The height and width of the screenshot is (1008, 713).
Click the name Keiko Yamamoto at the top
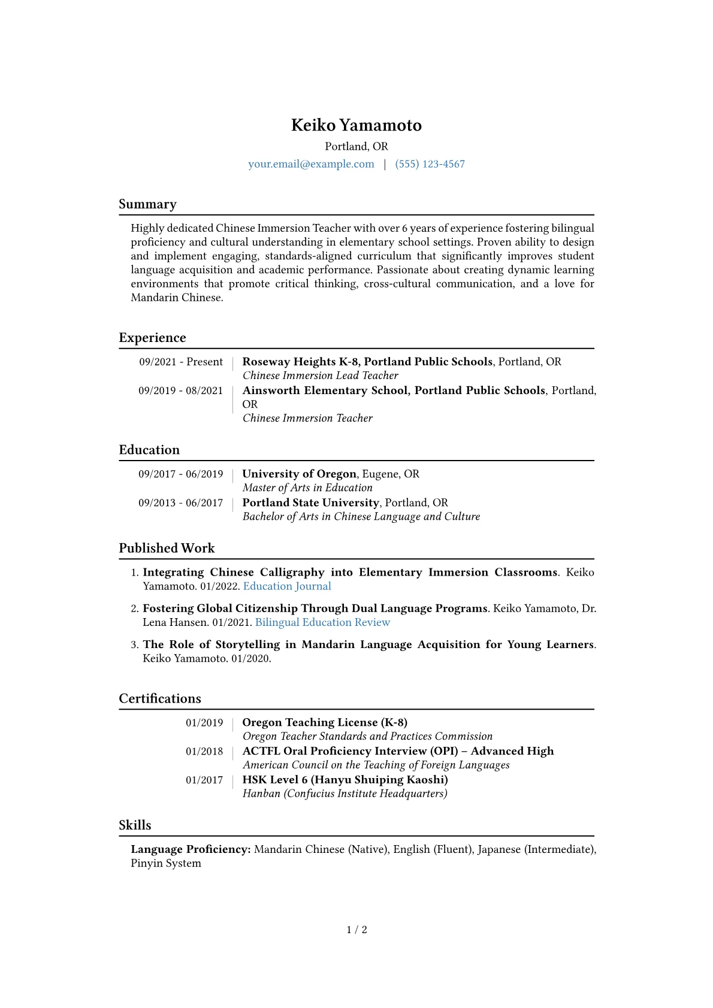(x=356, y=125)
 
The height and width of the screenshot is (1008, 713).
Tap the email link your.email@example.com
(x=311, y=164)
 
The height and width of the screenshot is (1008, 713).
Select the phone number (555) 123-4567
(x=430, y=164)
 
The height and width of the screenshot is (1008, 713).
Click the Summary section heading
(x=147, y=204)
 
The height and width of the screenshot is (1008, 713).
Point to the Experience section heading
(x=152, y=338)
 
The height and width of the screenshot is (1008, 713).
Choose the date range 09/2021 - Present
(x=181, y=362)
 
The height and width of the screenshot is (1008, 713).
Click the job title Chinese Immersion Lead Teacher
(x=320, y=376)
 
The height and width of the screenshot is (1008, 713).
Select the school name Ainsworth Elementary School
(x=325, y=391)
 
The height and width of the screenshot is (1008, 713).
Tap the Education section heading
(x=149, y=450)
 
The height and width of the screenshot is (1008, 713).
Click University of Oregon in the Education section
(x=299, y=474)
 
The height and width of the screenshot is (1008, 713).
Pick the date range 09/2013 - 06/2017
(x=181, y=503)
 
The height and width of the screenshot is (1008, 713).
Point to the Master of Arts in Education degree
(x=307, y=488)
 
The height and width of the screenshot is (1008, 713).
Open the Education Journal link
(x=287, y=586)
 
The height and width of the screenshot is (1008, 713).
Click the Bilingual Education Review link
(x=322, y=622)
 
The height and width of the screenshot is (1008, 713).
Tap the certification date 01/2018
(x=204, y=752)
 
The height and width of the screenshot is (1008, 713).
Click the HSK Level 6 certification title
(x=345, y=780)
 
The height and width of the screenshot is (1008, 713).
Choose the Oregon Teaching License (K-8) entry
(x=325, y=722)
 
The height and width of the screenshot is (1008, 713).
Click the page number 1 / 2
(x=356, y=930)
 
